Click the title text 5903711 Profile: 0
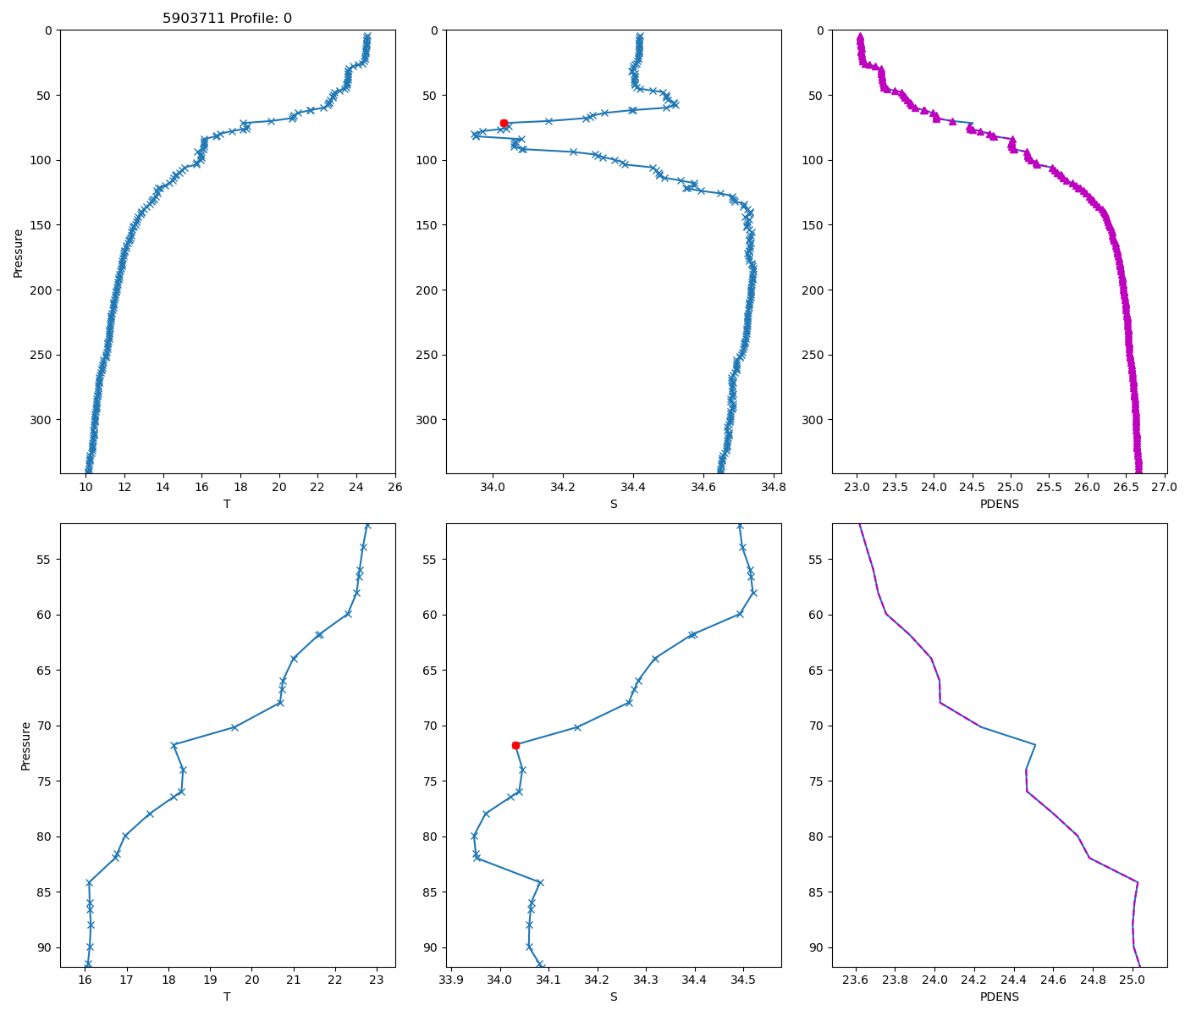(227, 18)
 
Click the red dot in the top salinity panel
(504, 123)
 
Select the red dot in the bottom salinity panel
(515, 745)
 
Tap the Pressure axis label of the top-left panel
(18, 252)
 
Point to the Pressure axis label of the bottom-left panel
(25, 746)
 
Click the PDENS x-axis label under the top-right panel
(999, 504)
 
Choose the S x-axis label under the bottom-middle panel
(614, 997)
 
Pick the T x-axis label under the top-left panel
(227, 504)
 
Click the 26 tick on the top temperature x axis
(395, 487)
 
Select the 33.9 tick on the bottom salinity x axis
(451, 980)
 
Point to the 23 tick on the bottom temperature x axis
(377, 980)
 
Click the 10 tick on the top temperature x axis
(85, 487)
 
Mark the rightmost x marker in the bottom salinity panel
(753, 593)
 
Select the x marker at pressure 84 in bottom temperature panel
(89, 882)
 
